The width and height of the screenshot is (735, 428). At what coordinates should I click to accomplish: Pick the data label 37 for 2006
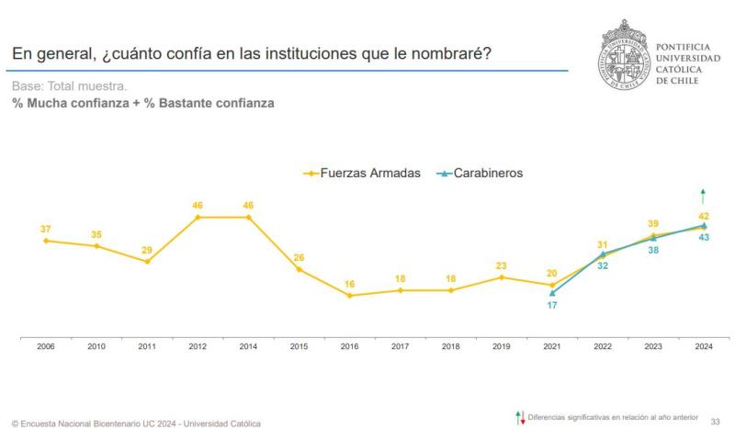coord(45,229)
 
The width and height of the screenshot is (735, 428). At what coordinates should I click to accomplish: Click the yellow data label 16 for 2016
coord(349,284)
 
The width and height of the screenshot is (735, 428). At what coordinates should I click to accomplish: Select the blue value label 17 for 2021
coord(552,305)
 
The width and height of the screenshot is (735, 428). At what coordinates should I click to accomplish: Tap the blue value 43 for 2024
coord(704,238)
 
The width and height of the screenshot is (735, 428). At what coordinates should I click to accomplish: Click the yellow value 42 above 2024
coord(704,216)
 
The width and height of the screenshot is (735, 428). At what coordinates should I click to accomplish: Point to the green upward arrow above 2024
coord(703,196)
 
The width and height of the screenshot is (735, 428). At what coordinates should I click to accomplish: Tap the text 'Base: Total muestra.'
coord(69,86)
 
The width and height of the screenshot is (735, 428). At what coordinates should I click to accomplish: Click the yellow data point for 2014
coord(248,217)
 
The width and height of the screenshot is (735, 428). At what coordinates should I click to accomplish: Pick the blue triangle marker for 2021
coord(552,293)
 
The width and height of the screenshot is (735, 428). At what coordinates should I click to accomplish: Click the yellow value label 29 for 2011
coord(147,250)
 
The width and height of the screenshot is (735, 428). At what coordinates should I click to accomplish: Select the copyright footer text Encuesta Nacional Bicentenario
coord(137,423)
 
